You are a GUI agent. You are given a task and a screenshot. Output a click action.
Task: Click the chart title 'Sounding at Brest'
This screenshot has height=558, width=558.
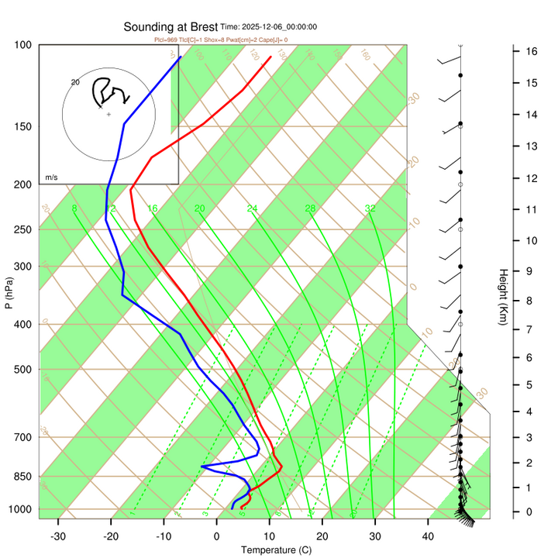[170, 26]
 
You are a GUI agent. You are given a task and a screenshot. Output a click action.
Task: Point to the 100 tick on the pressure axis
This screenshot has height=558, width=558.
[22, 45]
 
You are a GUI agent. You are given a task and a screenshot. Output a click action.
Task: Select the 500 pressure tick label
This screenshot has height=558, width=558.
[22, 370]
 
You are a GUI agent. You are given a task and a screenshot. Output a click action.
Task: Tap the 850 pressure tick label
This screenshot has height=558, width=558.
[22, 477]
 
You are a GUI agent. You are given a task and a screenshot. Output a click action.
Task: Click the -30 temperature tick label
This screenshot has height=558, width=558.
[58, 536]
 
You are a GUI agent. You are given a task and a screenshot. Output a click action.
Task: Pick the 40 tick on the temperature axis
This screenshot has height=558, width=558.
[427, 536]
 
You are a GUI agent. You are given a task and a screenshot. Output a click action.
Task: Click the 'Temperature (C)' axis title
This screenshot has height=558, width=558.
[275, 550]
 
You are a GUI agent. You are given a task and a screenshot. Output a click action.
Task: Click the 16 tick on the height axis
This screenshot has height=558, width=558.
[532, 51]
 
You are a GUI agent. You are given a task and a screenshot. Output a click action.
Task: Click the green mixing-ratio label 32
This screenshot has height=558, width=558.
[370, 208]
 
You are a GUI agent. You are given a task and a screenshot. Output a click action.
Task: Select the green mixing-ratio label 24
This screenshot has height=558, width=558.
[252, 208]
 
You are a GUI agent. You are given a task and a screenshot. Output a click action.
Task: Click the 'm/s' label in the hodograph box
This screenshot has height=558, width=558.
[51, 177]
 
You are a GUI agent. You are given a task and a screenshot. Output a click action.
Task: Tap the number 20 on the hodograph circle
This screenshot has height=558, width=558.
[75, 81]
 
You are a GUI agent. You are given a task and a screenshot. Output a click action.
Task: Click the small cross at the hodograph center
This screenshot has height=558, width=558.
[108, 115]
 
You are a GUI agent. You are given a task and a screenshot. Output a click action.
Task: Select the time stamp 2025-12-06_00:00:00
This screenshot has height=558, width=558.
[268, 27]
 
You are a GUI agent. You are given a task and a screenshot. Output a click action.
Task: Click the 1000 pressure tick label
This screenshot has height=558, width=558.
[20, 509]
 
